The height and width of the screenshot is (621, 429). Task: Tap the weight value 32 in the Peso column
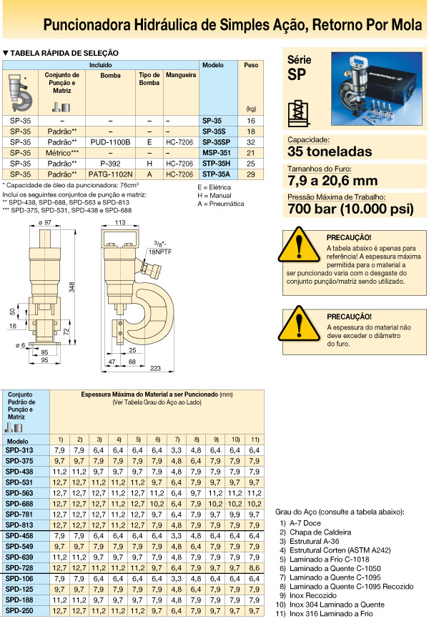pyautogui.click(x=250, y=142)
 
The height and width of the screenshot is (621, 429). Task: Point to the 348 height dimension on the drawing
pyautogui.click(x=71, y=286)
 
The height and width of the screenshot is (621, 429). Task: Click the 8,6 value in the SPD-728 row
pyautogui.click(x=254, y=568)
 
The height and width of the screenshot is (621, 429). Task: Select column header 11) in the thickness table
pyautogui.click(x=254, y=438)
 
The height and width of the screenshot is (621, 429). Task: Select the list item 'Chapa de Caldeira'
pyautogui.click(x=320, y=532)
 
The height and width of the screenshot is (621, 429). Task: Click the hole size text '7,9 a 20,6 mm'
pyautogui.click(x=332, y=180)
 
